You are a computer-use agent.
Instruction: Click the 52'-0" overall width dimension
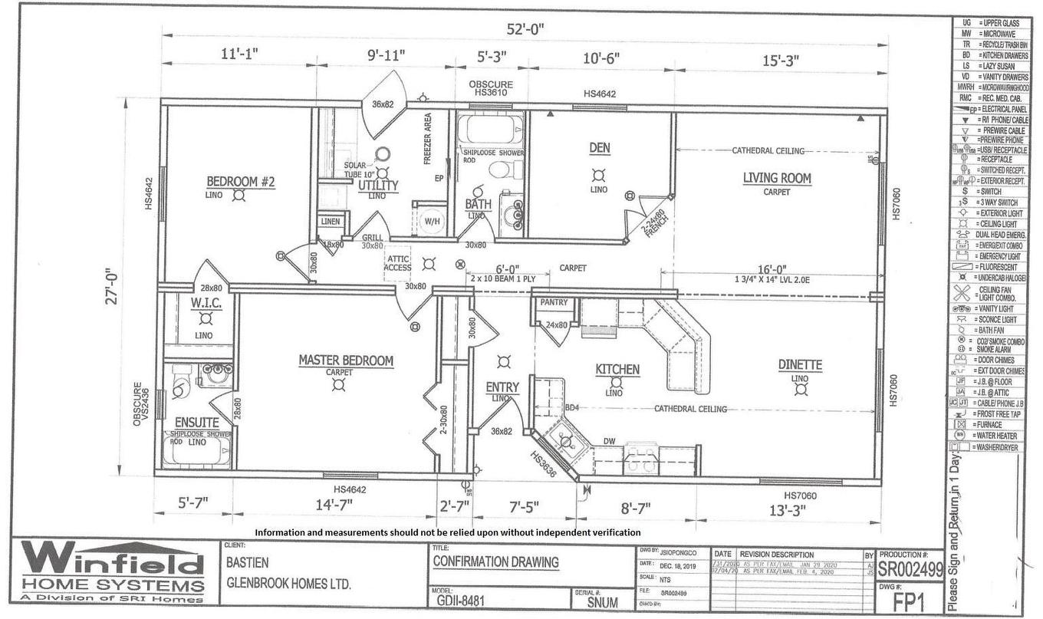(525, 29)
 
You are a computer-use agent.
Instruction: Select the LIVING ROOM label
(776, 179)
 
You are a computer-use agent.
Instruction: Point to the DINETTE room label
(800, 366)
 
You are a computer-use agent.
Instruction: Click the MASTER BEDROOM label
(346, 361)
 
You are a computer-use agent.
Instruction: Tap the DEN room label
(599, 147)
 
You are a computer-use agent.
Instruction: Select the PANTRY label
(554, 302)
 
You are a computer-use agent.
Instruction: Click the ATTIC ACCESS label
(398, 262)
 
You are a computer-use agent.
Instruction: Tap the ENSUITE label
(196, 423)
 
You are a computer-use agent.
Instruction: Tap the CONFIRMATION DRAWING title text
(495, 561)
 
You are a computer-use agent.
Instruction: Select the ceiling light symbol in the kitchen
(614, 381)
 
